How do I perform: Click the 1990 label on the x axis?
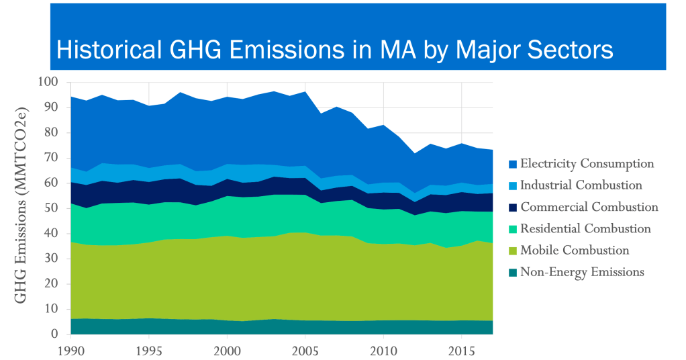click(x=70, y=350)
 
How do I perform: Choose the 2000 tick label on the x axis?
click(x=228, y=350)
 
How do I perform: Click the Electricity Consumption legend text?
click(x=587, y=163)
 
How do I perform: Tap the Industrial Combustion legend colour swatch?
click(x=512, y=185)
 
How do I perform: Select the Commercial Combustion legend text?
click(x=589, y=207)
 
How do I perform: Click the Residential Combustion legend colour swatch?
click(x=512, y=229)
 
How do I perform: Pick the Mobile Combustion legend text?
click(x=575, y=251)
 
